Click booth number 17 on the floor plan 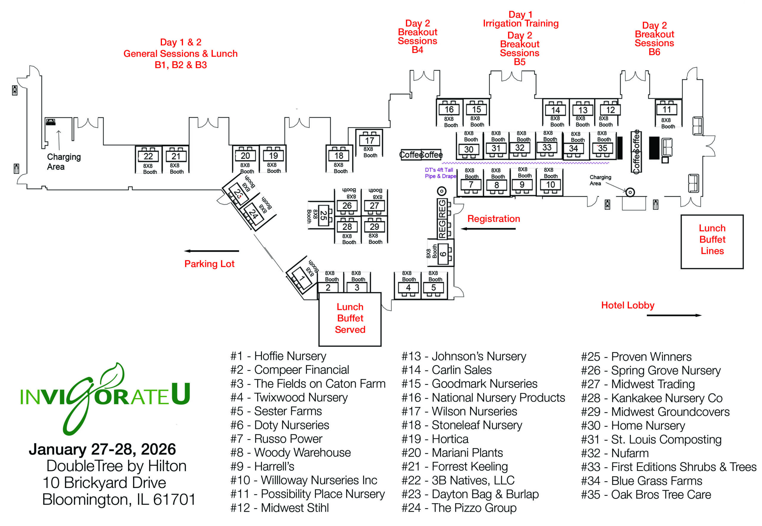click(369, 141)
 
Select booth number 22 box click(148, 156)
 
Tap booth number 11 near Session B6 click(666, 110)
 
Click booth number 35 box click(602, 148)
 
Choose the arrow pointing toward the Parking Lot click(211, 251)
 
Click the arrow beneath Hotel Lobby click(674, 316)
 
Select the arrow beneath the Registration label click(488, 229)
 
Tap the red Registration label click(494, 219)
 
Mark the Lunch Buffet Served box click(350, 319)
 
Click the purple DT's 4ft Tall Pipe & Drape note click(440, 173)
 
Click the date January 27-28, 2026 click(102, 449)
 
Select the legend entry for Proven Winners click(636, 357)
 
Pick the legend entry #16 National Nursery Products click(483, 398)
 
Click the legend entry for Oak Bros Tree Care click(646, 495)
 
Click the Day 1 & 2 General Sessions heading click(181, 53)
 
